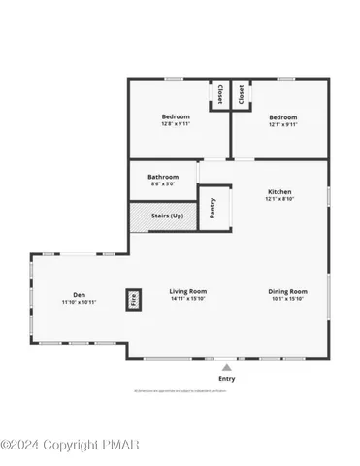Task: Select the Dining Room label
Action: [287, 291]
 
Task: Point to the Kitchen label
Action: [279, 192]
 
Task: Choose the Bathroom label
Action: [163, 177]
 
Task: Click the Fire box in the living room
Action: [134, 299]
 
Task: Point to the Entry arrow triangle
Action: [226, 367]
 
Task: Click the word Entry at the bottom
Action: [226, 378]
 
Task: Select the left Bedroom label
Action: [176, 116]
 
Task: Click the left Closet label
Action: [220, 94]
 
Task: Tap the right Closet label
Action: [241, 94]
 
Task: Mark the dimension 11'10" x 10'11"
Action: [79, 302]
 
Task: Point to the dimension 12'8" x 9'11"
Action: [176, 123]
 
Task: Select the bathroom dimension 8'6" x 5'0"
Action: [163, 184]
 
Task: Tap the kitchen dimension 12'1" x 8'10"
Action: [279, 201]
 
